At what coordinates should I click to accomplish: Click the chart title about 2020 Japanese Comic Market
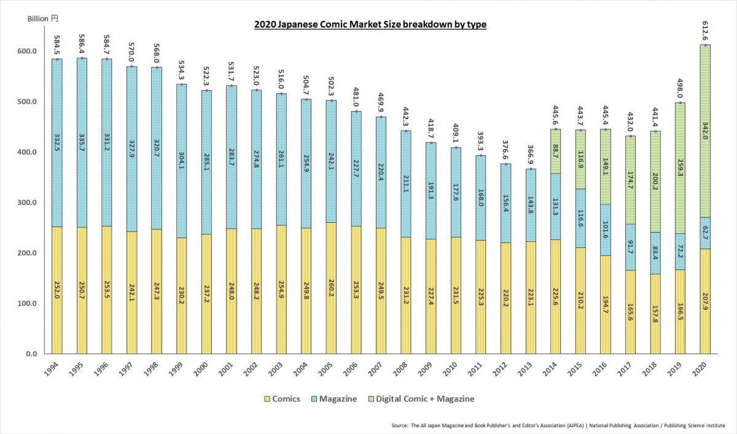[370, 25]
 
